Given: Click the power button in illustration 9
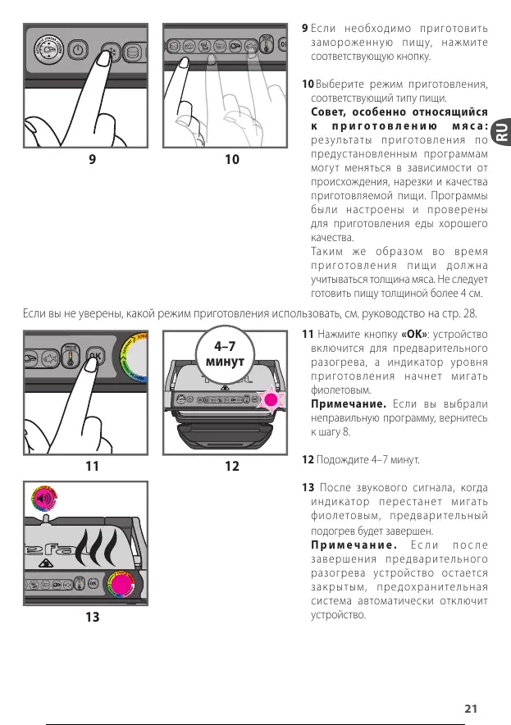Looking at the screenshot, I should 77,50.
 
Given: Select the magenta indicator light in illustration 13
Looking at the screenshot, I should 121,583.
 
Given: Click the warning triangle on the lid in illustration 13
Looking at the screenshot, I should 47,563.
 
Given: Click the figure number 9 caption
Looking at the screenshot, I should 92,159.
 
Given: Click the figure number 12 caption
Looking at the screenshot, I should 232,466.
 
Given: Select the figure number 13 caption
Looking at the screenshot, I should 92,617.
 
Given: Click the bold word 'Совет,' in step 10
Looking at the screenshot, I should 333,112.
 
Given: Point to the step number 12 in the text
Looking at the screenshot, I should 308,459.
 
